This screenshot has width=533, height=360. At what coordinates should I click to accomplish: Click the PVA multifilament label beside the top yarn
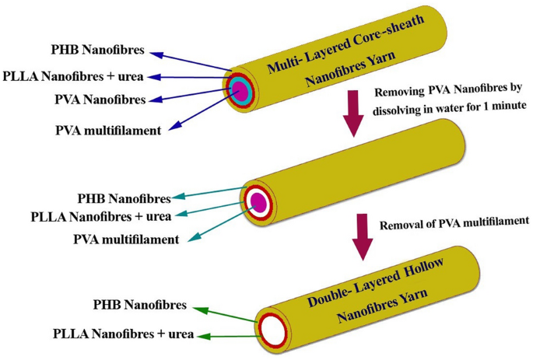click(108, 130)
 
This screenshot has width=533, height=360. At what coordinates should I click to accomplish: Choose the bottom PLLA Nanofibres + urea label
click(123, 335)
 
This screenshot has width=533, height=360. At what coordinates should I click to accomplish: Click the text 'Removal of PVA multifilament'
click(453, 224)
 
